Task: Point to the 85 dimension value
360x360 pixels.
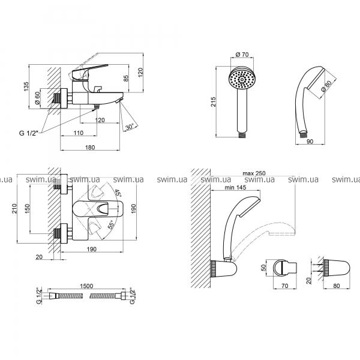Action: tap(125, 78)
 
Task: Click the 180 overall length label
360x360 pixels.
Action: tap(89, 147)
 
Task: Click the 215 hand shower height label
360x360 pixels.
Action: tap(215, 103)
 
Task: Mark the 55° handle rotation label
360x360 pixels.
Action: tap(111, 226)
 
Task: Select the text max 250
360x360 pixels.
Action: tap(254, 173)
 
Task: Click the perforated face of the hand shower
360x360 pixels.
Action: tap(242, 79)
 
